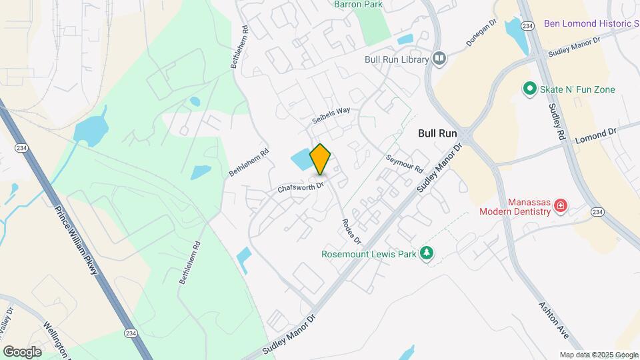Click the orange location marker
(x=321, y=159)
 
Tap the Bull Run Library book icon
(x=439, y=59)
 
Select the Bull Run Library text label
(x=396, y=59)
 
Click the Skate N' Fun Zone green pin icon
(x=529, y=89)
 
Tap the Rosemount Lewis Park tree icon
(x=427, y=254)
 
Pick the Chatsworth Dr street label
(x=300, y=186)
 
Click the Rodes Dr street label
(x=351, y=231)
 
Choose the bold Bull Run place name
(x=437, y=133)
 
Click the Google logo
(x=23, y=351)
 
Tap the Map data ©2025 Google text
(x=599, y=355)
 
